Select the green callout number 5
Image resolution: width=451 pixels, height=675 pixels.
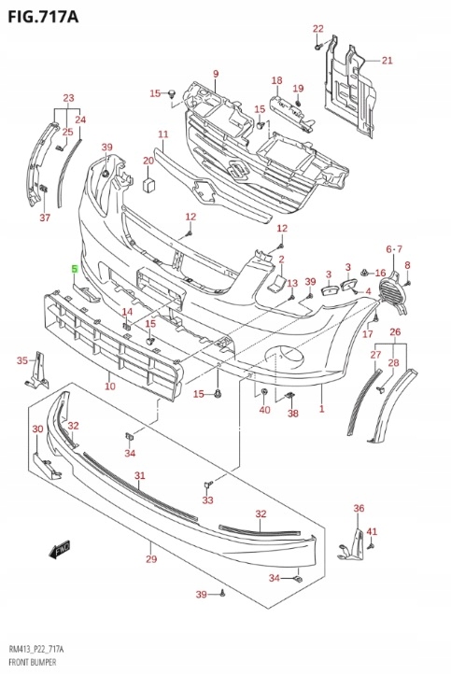pos(76,268)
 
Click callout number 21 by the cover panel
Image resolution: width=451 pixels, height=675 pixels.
pos(387,61)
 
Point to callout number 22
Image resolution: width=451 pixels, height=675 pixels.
pos(317,28)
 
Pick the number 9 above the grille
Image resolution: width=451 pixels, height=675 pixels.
pos(215,74)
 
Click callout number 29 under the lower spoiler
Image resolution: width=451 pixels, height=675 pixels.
pos(150,559)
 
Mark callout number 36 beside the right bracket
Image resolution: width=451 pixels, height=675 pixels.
pos(358,508)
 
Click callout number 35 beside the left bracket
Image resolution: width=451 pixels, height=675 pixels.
pos(22,360)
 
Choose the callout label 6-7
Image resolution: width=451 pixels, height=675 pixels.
pos(394,248)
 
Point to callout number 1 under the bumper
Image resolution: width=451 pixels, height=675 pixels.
pos(322,409)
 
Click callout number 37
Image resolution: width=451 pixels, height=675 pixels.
pos(44,218)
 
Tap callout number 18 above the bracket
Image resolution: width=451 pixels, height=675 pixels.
pos(277,81)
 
